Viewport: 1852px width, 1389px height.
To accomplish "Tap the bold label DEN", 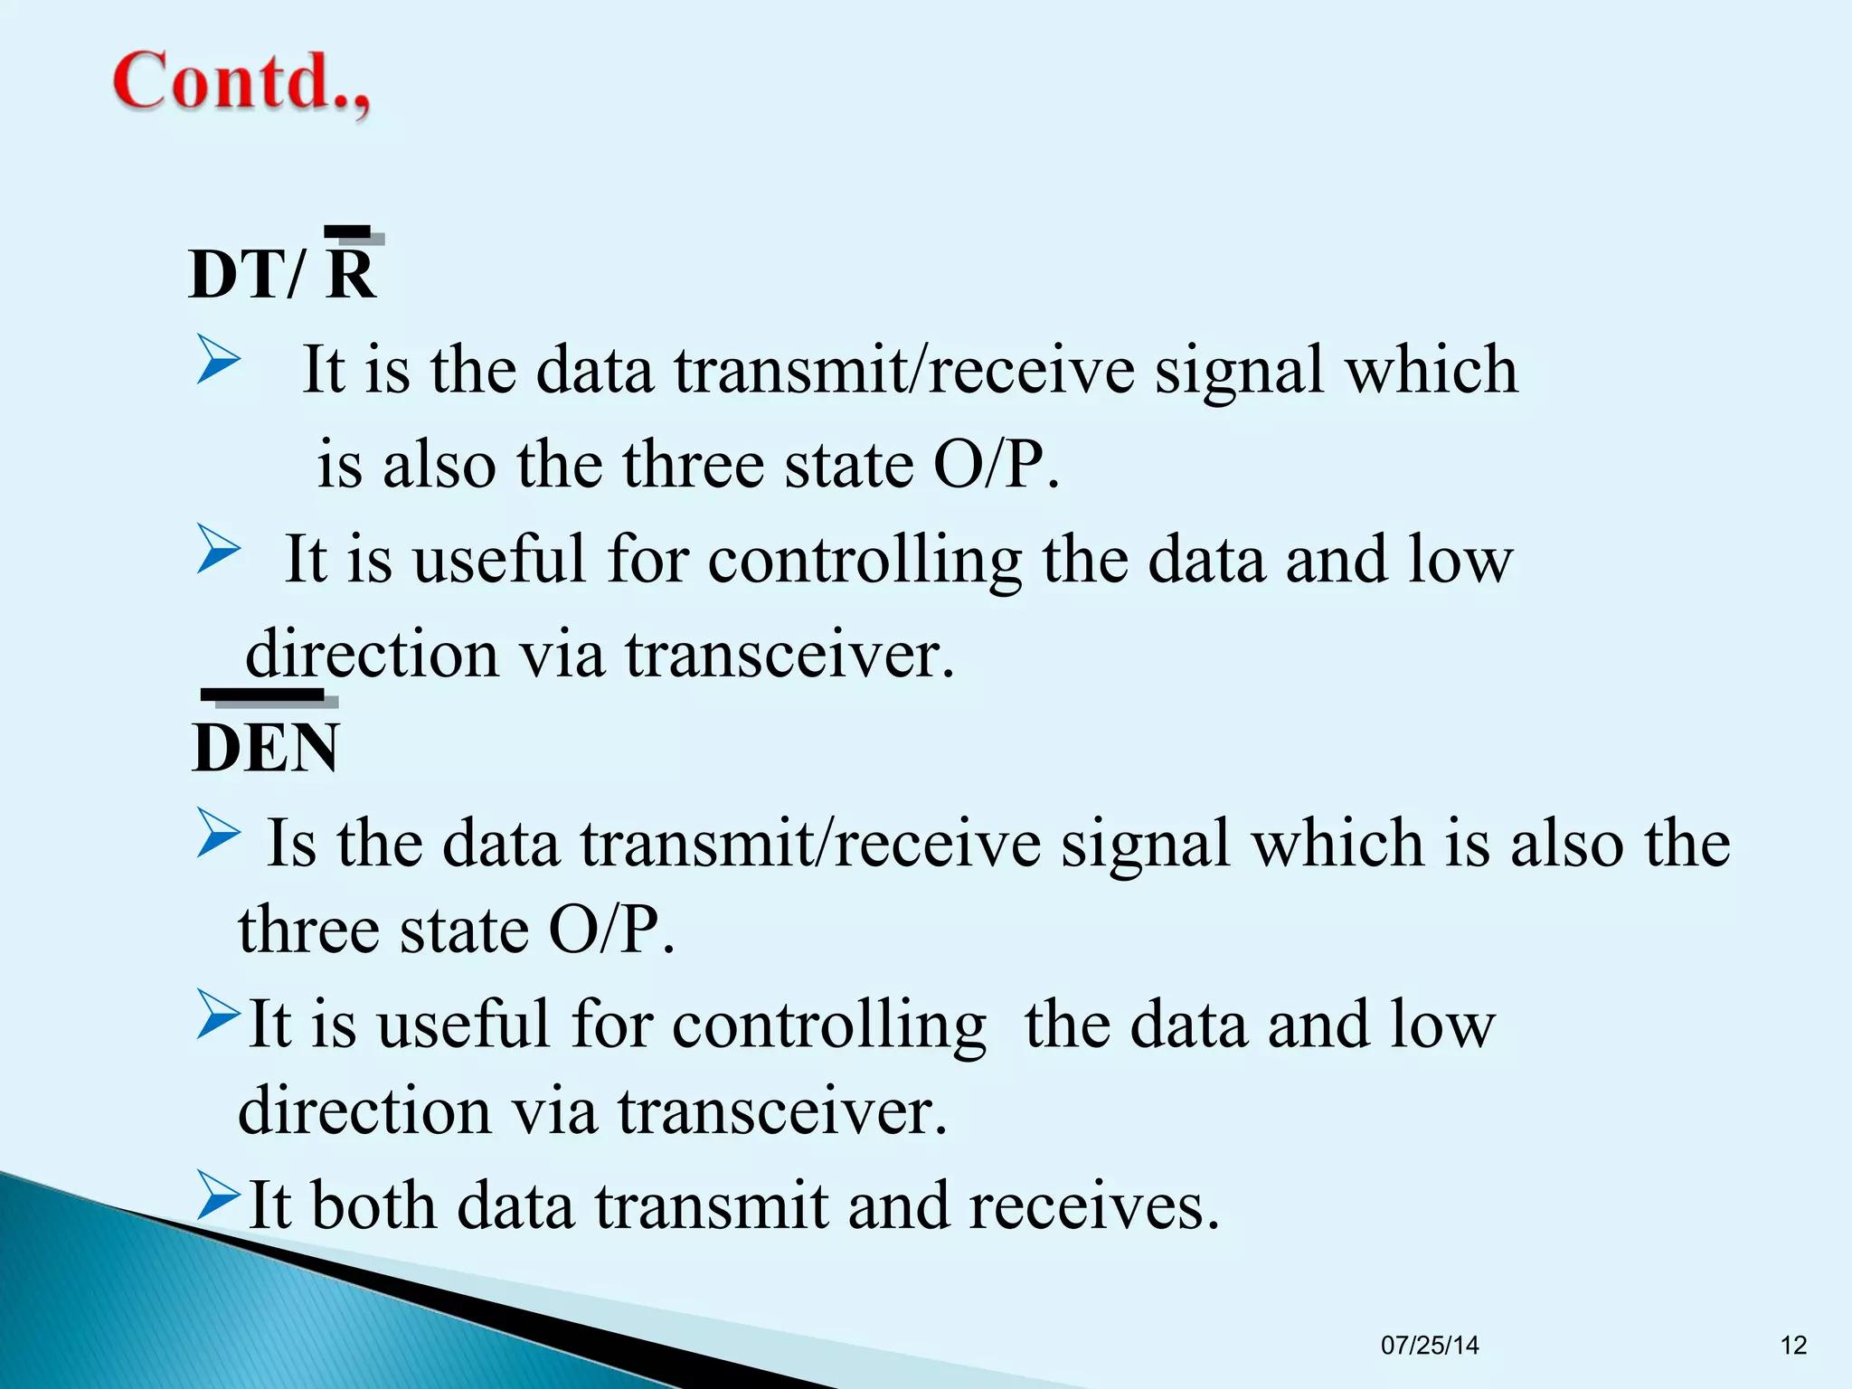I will tap(266, 748).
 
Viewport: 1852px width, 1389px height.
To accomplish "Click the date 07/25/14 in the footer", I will tap(1430, 1345).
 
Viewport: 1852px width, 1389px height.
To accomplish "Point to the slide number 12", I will tap(1793, 1345).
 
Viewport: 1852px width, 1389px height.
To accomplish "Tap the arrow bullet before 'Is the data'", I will tap(218, 833).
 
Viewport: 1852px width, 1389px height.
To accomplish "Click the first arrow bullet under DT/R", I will tap(218, 359).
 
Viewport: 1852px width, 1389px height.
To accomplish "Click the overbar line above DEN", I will tap(263, 694).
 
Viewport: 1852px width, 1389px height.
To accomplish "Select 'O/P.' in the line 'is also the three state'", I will tap(996, 464).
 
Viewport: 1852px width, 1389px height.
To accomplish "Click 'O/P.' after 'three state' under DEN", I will tap(612, 930).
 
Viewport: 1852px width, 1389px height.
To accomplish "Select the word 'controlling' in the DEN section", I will tap(828, 1025).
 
